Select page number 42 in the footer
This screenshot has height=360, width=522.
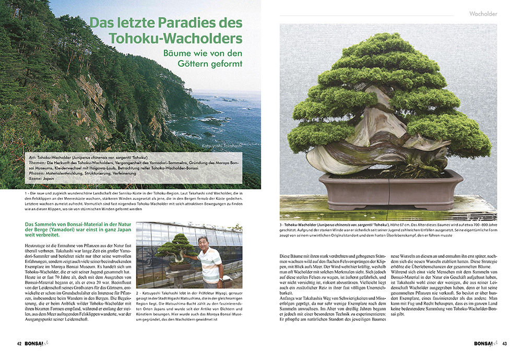tap(19, 343)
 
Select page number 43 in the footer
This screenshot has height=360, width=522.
tap(505, 343)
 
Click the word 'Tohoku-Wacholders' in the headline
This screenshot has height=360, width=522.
tap(176, 38)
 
